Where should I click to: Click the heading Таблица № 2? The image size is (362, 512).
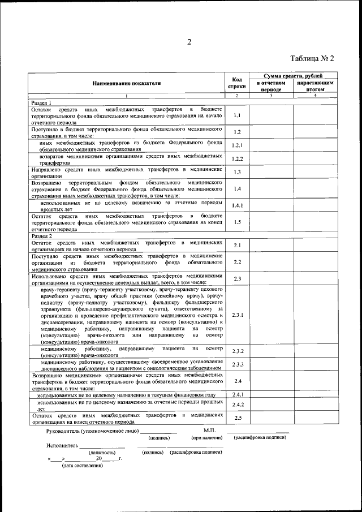click(313, 58)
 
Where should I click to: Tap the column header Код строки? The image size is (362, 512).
click(237, 83)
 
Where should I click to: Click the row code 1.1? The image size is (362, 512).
click(237, 115)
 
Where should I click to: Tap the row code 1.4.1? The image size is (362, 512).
click(237, 205)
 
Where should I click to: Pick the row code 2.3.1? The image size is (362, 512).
click(237, 315)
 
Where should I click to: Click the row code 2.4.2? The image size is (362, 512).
click(237, 405)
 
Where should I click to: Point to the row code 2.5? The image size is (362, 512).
click(237, 418)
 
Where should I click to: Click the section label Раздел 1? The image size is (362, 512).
click(41, 103)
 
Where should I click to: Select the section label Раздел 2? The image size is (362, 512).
click(41, 236)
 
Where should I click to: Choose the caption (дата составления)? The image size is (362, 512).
click(83, 466)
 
